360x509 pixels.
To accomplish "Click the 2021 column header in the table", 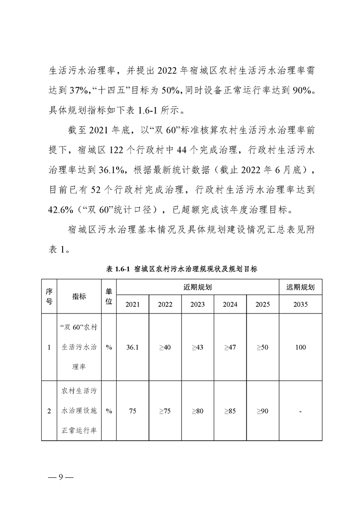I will point(133,304).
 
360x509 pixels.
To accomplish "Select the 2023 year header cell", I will point(197,304).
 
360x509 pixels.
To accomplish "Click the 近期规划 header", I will point(197,287).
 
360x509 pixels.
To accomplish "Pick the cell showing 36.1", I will point(133,347).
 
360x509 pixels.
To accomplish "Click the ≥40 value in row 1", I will point(165,347).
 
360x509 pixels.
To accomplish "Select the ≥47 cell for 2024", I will point(230,347).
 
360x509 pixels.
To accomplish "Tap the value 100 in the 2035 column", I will point(300,347).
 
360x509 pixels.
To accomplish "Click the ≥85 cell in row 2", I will point(230,411).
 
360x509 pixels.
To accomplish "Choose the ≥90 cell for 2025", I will point(262,411).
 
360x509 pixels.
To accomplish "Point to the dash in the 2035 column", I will point(301,411).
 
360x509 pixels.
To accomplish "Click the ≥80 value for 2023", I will point(197,411).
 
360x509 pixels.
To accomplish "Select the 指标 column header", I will point(79,296).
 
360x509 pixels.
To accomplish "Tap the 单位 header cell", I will point(109,296).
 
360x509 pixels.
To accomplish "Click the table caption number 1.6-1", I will point(122,269).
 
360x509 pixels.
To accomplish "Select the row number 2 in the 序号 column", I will point(49,411).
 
